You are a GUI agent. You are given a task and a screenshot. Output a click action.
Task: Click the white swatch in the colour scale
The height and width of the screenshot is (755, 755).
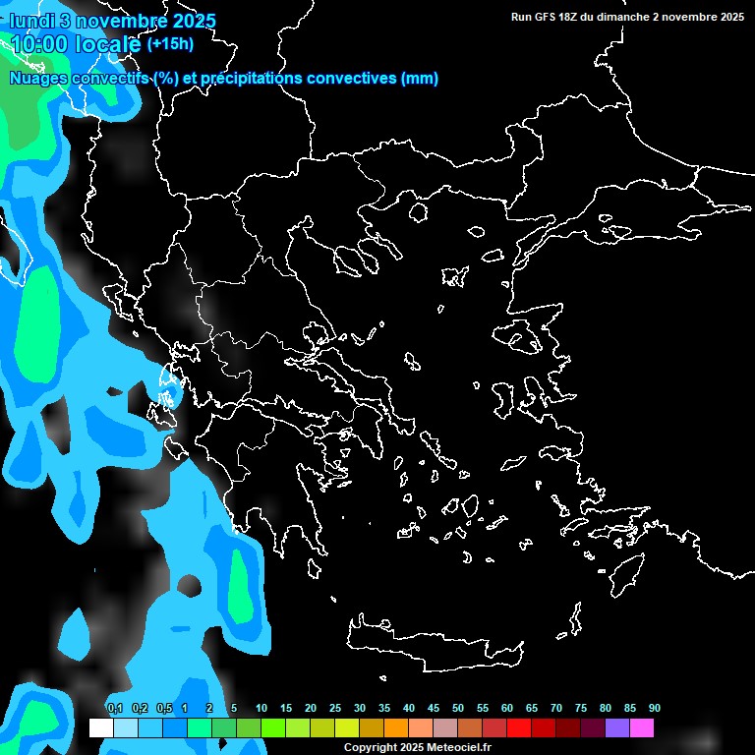[x=100, y=727]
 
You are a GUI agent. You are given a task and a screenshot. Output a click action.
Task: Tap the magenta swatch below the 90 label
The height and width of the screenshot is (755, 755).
[x=642, y=727]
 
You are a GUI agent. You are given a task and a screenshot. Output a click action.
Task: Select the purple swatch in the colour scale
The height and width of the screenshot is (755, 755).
[x=617, y=727]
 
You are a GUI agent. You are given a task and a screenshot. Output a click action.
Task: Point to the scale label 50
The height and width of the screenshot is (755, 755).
[x=458, y=708]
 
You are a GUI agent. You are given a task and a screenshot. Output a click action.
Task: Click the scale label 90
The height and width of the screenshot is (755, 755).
[x=655, y=708]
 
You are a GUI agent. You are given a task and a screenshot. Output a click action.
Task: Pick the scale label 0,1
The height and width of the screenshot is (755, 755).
[x=115, y=708]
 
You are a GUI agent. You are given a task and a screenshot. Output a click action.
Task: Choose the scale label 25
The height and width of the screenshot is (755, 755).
[x=335, y=708]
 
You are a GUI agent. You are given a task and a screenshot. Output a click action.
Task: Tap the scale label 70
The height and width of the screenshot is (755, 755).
[x=556, y=708]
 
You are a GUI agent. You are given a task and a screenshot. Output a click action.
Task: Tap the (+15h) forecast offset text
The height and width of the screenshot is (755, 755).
[x=170, y=44]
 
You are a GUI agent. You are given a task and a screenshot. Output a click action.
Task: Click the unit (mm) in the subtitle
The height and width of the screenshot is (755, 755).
[x=420, y=79]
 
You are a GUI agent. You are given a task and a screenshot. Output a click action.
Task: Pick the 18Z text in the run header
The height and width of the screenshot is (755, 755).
[x=575, y=16]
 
